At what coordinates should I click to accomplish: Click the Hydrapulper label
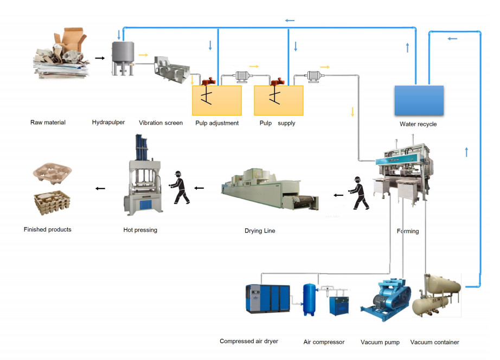click(x=108, y=123)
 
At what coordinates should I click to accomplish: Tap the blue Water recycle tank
click(x=418, y=100)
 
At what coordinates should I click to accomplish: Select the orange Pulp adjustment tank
click(x=217, y=100)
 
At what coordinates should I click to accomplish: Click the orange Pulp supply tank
click(x=279, y=100)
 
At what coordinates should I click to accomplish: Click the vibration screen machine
click(x=172, y=70)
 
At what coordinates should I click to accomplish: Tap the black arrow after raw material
click(x=100, y=57)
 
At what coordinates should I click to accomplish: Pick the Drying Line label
click(x=260, y=231)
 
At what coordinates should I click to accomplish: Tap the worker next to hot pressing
click(x=180, y=188)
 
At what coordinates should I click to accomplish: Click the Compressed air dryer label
click(x=249, y=342)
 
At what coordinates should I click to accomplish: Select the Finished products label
click(x=48, y=230)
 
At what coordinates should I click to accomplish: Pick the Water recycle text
click(x=418, y=124)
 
